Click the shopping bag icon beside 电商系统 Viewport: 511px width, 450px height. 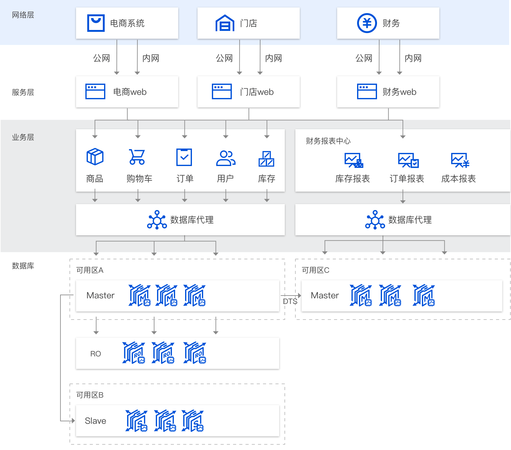pyautogui.click(x=96, y=23)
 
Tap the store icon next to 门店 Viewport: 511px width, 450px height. pyautogui.click(x=225, y=23)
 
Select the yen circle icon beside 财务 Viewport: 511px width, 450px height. pyautogui.click(x=367, y=23)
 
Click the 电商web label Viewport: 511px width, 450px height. pyautogui.click(x=130, y=92)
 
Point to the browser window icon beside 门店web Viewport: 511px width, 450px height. pyautogui.click(x=222, y=91)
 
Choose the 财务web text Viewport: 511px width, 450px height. pyautogui.click(x=399, y=92)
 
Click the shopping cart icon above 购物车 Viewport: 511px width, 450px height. pyautogui.click(x=137, y=157)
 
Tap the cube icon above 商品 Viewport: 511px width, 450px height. pyautogui.click(x=95, y=157)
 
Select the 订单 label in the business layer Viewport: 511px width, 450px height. pyautogui.click(x=185, y=179)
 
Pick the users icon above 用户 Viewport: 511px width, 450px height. pyautogui.click(x=226, y=158)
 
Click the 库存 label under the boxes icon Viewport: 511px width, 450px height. pyautogui.click(x=266, y=179)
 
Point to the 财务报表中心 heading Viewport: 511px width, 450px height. pyautogui.click(x=328, y=141)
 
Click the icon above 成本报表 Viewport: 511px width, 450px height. pyautogui.click(x=460, y=160)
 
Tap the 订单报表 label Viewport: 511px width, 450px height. pyautogui.click(x=407, y=179)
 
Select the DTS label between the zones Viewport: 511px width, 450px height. pyautogui.click(x=290, y=301)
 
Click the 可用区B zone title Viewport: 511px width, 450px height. pyautogui.click(x=90, y=395)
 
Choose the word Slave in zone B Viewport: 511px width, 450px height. pyautogui.click(x=95, y=421)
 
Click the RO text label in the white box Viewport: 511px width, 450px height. pyautogui.click(x=95, y=354)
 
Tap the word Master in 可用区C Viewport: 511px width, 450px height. pyautogui.click(x=325, y=296)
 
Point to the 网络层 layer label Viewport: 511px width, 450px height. pyautogui.click(x=23, y=15)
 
